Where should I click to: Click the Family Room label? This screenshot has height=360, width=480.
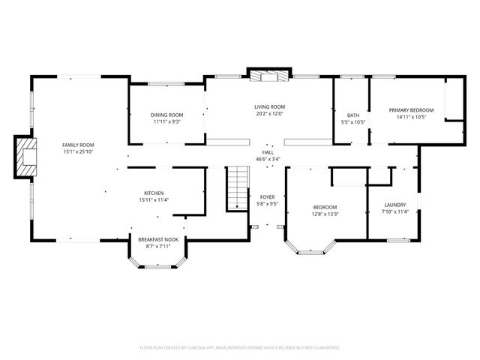78,144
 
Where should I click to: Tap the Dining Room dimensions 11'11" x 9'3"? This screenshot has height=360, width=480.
167,121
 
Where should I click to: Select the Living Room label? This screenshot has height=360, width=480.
269,106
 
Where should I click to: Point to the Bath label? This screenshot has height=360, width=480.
352,115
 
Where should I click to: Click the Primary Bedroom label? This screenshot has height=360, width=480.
411,109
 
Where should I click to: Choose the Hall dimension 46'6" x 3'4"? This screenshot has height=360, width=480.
268,159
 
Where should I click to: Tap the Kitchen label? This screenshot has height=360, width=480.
154,193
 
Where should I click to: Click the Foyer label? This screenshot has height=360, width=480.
268,196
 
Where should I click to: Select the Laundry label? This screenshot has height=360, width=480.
394,205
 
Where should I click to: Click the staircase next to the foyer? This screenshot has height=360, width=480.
238,188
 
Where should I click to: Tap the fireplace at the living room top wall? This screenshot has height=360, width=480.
268,76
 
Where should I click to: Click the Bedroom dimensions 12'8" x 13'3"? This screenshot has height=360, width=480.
325,214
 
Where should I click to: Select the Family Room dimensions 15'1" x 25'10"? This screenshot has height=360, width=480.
78,151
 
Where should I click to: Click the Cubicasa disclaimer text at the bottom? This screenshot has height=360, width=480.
240,347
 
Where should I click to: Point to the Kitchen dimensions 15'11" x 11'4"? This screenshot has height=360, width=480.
154,199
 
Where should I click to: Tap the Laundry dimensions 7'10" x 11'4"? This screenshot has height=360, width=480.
394,211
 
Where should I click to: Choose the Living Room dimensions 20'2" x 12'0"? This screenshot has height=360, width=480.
269,114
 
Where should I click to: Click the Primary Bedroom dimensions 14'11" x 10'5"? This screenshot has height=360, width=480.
411,117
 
